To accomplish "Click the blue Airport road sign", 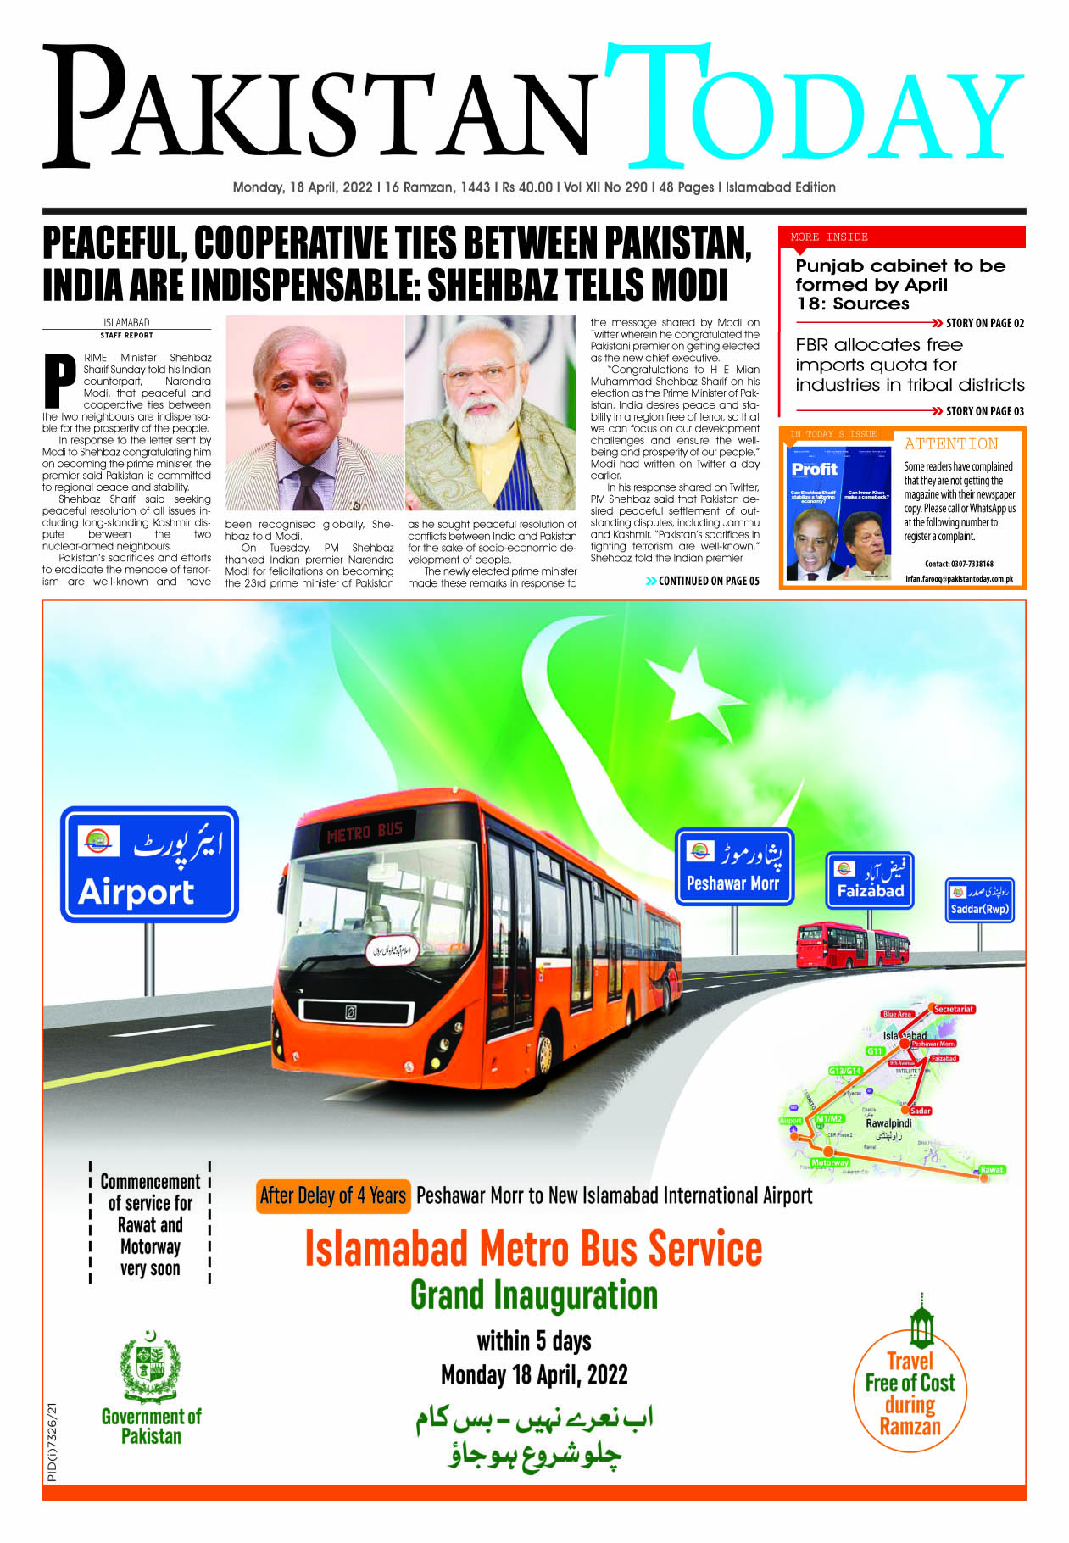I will click(149, 864).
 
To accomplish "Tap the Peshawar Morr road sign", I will click(734, 866).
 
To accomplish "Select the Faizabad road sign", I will click(870, 880).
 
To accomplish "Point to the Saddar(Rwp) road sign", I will click(979, 900).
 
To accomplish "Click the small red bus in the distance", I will click(852, 946).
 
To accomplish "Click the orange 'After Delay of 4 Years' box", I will click(333, 1196).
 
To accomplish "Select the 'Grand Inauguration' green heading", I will click(533, 1295).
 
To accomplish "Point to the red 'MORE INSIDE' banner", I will click(901, 237).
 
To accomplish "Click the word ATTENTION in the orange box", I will click(951, 443).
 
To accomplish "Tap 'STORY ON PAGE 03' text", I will click(984, 411).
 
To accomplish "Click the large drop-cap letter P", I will click(59, 380).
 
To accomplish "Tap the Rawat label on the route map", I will click(991, 1169).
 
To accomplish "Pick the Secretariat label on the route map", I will click(953, 1009).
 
